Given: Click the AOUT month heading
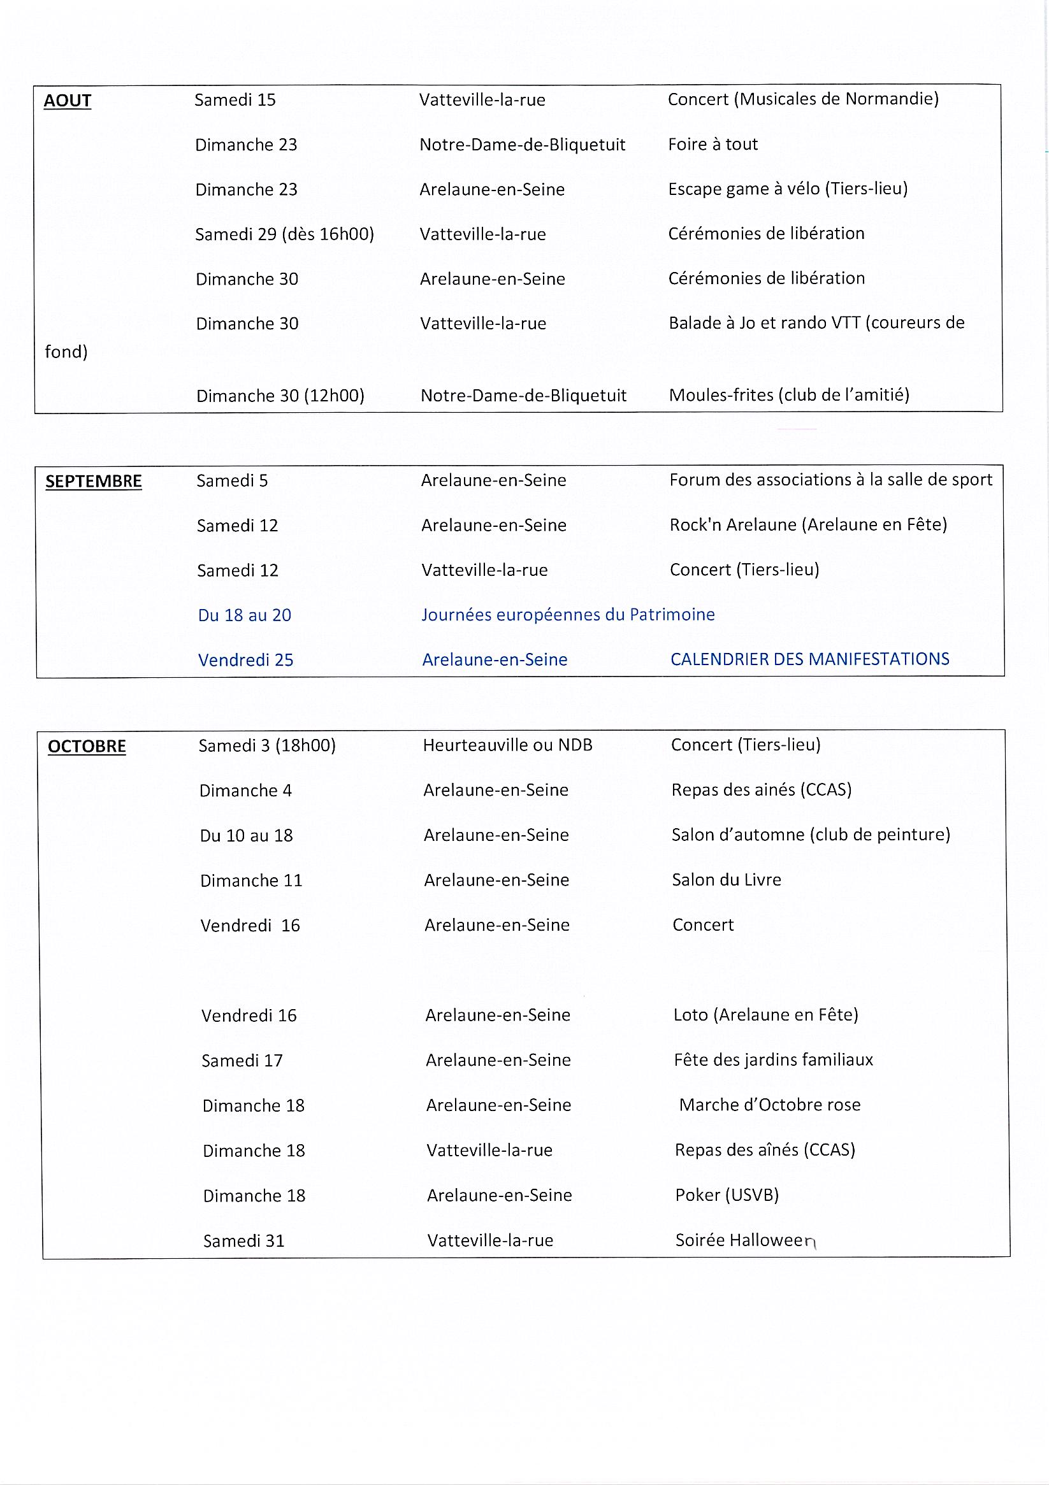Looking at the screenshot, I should point(68,101).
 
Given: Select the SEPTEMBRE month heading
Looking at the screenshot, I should point(93,481).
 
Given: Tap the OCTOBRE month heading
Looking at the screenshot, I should point(87,747).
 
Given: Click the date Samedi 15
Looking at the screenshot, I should point(235,100).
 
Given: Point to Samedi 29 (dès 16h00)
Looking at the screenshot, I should point(285,234).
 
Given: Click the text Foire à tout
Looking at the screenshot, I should point(713,144).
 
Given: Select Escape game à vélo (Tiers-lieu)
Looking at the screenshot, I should point(788,189).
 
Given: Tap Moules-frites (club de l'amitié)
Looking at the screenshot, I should point(789,395).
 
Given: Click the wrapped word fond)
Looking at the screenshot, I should point(66,352).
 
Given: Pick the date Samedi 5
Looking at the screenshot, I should point(232,480).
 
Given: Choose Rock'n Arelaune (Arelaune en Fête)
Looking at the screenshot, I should point(808,524).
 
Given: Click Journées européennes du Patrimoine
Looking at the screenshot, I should point(568,614).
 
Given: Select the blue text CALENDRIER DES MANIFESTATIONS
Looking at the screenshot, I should point(809,659).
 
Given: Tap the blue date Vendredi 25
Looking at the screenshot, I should point(245,661).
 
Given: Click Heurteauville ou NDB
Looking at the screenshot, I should point(507,745).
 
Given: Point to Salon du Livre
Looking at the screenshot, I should point(726,880).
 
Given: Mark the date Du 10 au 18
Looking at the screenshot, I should point(246,836).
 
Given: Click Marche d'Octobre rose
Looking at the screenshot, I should point(769,1105).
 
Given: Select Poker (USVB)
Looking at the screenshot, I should point(727,1194).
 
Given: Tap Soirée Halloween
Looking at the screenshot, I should point(746,1240).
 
